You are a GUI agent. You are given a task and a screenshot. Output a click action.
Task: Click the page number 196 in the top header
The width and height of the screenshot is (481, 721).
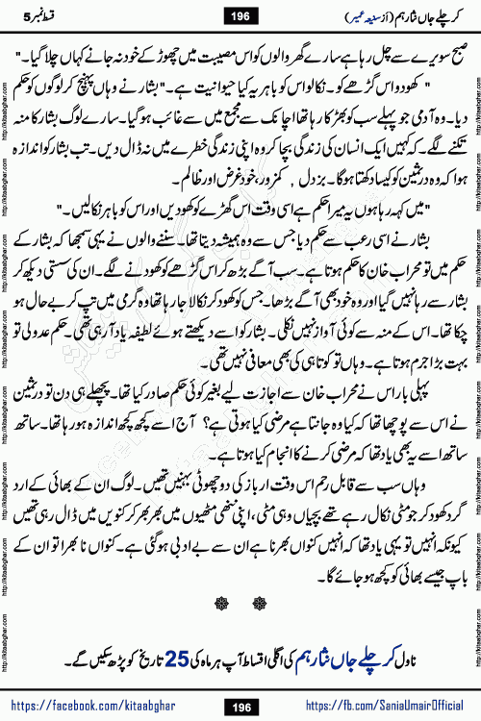pyautogui.click(x=241, y=13)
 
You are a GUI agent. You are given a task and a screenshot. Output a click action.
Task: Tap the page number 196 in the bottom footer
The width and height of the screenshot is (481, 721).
pyautogui.click(x=240, y=706)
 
